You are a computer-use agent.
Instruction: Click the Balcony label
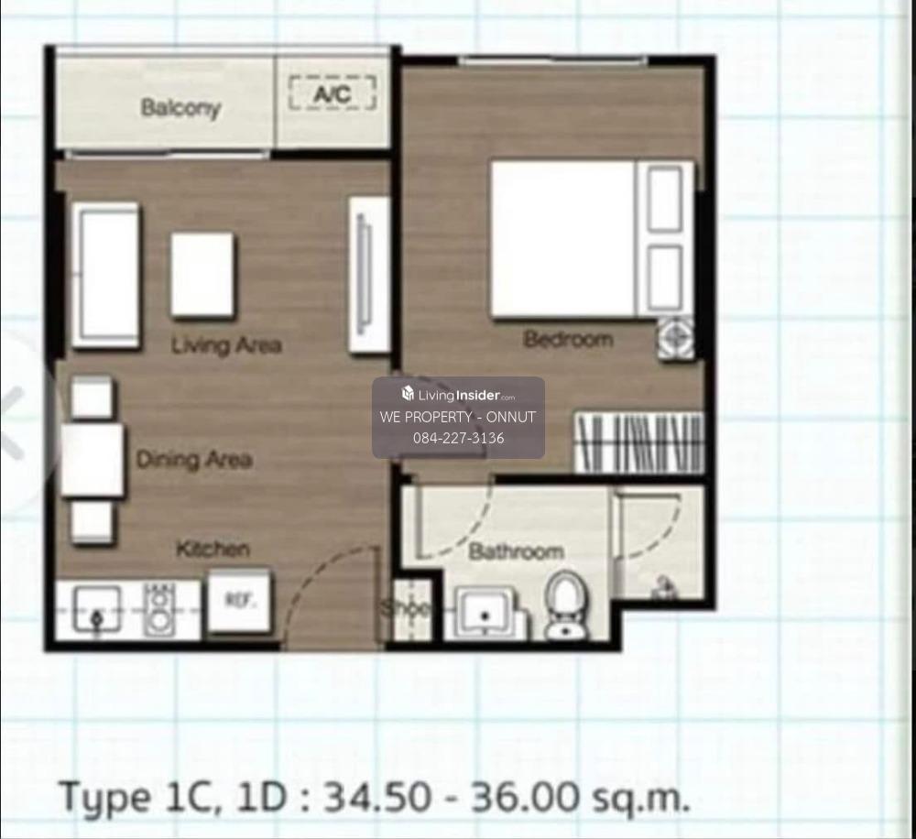coord(180,107)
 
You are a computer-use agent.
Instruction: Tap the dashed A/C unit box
coord(332,93)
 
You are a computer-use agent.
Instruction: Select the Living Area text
coord(226,344)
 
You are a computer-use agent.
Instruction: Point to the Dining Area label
coord(194,459)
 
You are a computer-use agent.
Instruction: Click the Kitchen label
coord(213,549)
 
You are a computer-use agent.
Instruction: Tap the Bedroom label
coord(568,339)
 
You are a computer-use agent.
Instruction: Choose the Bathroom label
coord(516,551)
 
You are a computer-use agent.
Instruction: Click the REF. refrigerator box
coord(240,600)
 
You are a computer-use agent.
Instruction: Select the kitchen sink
coord(97,609)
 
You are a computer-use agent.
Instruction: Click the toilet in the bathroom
coord(563,605)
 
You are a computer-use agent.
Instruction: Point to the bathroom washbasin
coord(485,613)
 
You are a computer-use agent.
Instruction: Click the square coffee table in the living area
coord(202,275)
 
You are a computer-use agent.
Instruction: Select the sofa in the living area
coord(105,275)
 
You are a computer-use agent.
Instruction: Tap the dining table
coord(93,461)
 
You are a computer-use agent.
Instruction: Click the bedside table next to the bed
coord(676,338)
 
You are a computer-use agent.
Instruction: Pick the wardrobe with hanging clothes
coord(639,442)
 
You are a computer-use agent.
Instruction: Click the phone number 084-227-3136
coord(459,438)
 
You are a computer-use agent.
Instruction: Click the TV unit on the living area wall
coord(368,275)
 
